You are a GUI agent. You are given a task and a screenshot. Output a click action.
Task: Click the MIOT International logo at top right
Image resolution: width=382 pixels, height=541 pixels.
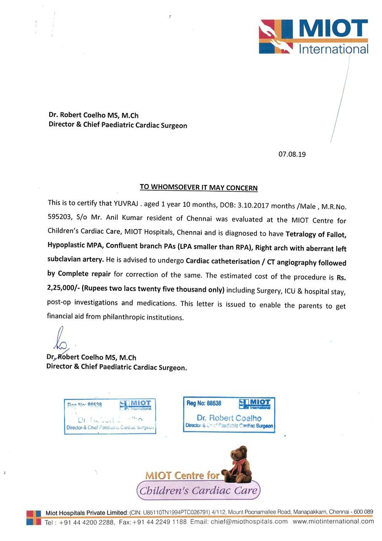point(314,36)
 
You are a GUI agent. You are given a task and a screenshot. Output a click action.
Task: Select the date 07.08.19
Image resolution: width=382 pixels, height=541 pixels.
point(291,154)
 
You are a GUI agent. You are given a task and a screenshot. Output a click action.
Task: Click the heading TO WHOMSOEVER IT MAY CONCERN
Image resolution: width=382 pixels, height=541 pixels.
point(198,187)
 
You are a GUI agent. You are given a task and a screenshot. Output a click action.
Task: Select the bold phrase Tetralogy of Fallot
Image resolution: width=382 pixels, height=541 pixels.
point(316,234)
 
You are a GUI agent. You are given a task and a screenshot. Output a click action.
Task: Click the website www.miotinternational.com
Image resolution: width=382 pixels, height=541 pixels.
point(333,521)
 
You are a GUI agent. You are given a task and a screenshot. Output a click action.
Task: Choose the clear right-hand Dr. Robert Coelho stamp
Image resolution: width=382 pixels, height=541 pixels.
point(229,414)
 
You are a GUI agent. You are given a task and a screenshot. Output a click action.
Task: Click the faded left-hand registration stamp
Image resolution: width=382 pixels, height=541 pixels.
point(110,416)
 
